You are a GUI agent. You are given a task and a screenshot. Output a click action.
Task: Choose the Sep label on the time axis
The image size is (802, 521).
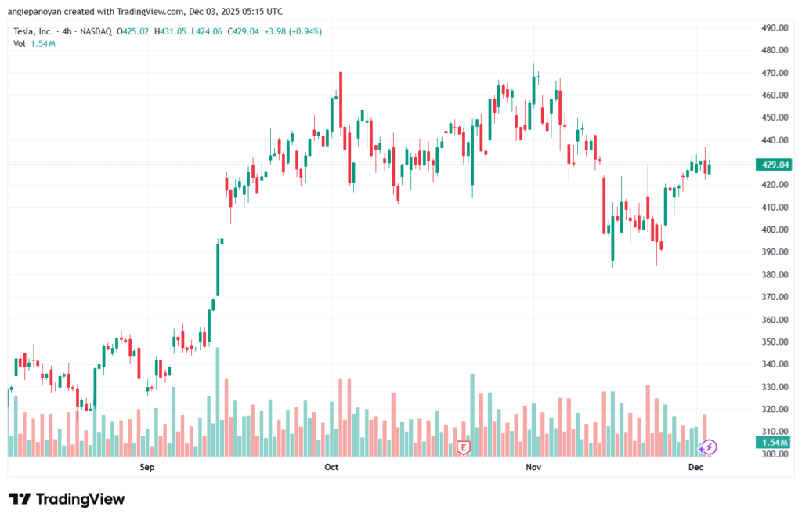click(147, 467)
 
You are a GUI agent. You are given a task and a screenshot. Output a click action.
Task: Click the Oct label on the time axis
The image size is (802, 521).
click(331, 467)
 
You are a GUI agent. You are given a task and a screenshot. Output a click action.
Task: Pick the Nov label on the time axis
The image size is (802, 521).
click(533, 467)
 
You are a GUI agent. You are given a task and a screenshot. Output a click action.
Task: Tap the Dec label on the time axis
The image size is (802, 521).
click(695, 467)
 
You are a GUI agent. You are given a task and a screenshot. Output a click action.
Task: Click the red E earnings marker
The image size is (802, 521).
click(464, 447)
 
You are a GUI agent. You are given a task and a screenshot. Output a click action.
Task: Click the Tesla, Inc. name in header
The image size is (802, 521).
click(37, 31)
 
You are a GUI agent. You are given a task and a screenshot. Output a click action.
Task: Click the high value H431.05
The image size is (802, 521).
click(174, 31)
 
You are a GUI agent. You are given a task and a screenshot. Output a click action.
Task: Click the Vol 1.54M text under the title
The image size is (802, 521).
click(34, 44)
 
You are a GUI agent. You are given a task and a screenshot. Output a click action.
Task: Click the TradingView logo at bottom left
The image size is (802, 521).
click(67, 499)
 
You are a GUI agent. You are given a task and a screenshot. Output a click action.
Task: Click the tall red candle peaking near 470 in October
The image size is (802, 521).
click(341, 110)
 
